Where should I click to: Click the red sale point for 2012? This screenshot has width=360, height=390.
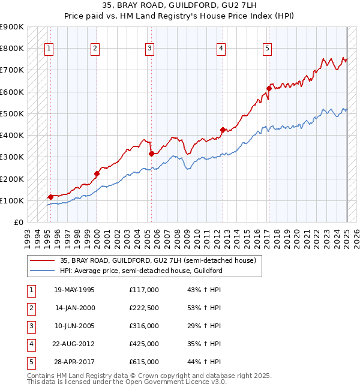click(x=223, y=130)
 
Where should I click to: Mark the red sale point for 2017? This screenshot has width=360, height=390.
click(x=269, y=89)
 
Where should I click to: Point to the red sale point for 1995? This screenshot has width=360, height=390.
click(x=50, y=196)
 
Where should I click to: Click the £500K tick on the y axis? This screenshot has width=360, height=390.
click(x=12, y=113)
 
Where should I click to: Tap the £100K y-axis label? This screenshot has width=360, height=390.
click(x=12, y=200)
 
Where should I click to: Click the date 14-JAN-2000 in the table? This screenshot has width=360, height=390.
click(x=75, y=308)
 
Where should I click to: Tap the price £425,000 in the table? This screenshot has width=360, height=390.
click(x=144, y=344)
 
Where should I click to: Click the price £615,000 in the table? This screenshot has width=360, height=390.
click(x=144, y=362)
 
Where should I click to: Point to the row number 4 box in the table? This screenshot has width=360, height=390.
click(x=31, y=344)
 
